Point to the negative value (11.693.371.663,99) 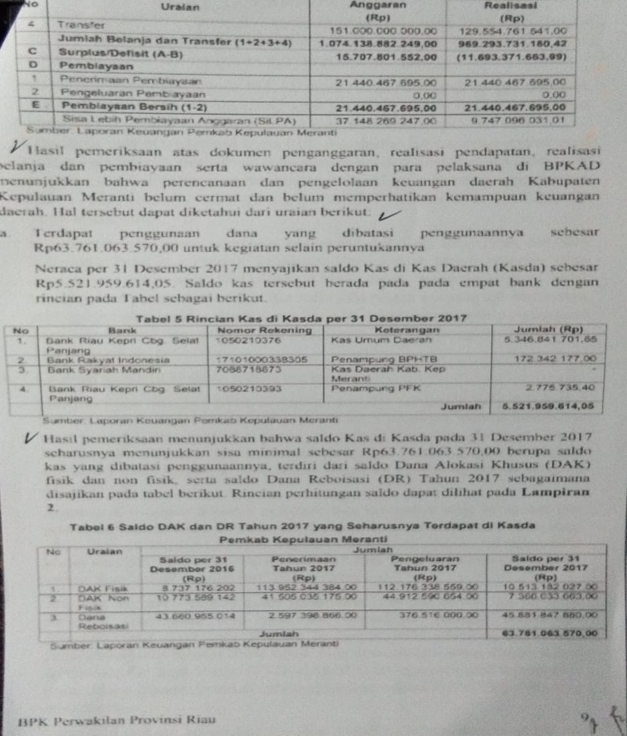coord(511,57)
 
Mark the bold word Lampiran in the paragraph coord(556,492)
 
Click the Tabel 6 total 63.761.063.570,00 coord(552,633)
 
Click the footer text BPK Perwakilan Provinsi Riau coord(117,720)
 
